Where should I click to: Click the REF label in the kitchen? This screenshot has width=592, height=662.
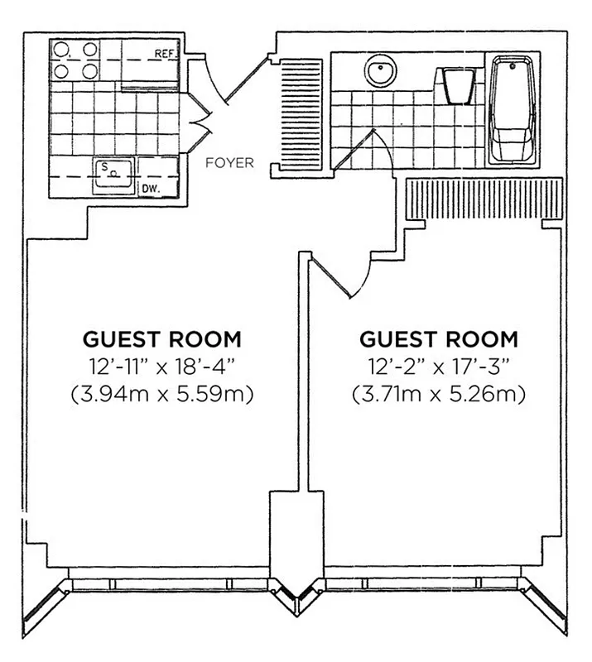[x=162, y=55]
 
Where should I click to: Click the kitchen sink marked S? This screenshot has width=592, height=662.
[x=112, y=174]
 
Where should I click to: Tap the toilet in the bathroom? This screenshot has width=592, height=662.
[x=457, y=85]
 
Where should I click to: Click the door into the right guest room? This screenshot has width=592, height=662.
[x=341, y=277]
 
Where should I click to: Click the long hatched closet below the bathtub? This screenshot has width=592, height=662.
[x=482, y=199]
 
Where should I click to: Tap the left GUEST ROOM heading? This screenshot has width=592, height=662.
[x=162, y=339]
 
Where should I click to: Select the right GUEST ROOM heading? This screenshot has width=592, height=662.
[x=439, y=339]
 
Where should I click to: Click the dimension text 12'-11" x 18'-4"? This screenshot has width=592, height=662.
[x=162, y=367]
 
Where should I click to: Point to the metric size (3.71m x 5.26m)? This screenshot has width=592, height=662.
[x=439, y=394]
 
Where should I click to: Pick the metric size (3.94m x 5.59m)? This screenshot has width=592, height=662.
[x=162, y=394]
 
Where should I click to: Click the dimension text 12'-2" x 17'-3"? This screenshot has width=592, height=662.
[x=439, y=367]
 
